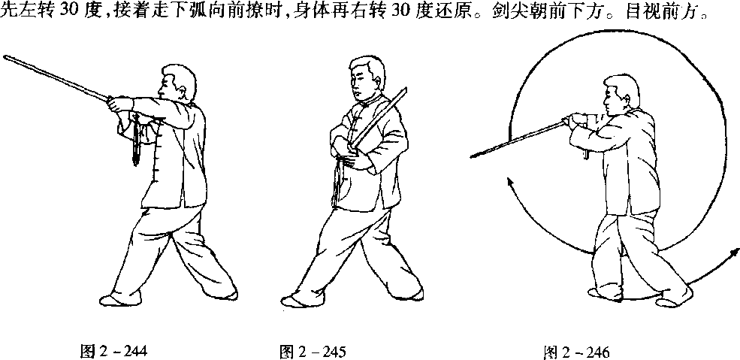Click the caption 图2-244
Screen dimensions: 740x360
(113, 352)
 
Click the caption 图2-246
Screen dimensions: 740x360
(577, 352)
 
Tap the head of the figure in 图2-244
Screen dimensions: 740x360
(177, 84)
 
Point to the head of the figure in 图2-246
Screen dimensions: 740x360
(621, 95)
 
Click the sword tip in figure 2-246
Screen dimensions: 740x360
(473, 156)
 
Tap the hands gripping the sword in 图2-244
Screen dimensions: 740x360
(118, 104)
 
